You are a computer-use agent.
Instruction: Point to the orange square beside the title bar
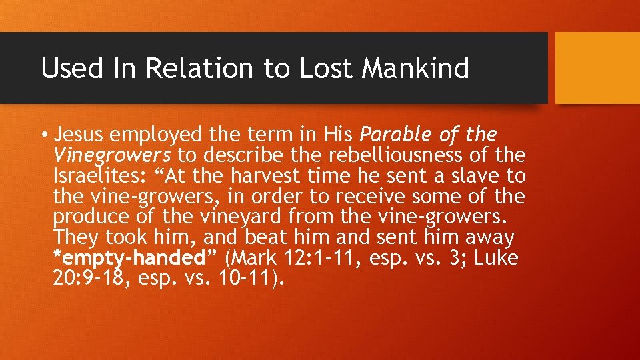click(597, 68)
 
